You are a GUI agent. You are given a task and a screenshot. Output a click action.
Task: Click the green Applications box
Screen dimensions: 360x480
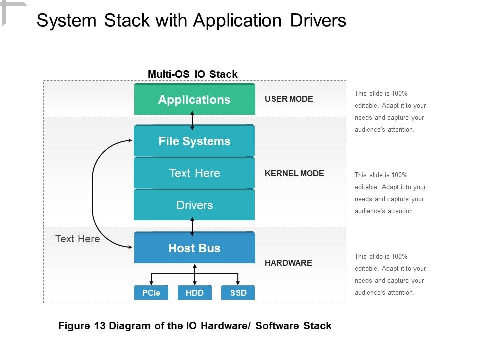194,100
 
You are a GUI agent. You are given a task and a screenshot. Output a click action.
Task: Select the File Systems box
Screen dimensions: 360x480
194,141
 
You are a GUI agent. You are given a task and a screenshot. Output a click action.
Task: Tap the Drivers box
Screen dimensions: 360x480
194,205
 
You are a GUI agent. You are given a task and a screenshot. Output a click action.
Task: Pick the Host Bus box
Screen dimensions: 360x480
194,248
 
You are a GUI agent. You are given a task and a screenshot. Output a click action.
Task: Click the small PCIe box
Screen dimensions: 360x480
151,293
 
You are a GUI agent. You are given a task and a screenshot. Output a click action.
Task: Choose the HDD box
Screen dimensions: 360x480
194,293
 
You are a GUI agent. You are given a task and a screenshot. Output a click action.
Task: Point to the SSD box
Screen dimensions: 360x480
238,293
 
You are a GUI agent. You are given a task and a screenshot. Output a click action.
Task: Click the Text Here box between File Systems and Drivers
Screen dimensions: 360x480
194,173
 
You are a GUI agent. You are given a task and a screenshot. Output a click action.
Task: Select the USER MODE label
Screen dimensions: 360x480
289,99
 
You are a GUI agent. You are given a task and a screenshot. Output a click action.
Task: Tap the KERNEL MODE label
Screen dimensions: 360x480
294,173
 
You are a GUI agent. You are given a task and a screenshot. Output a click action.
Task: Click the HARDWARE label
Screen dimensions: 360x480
288,263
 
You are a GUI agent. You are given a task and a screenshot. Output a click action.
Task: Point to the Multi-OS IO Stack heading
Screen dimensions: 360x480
192,74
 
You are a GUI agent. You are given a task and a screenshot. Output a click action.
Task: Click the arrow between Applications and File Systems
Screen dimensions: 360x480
192,120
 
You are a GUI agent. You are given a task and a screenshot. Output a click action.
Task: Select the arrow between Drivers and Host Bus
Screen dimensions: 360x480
192,226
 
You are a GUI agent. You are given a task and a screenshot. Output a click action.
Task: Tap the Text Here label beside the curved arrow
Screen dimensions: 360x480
77,239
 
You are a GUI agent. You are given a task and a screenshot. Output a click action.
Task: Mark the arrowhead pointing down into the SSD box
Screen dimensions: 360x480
238,283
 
